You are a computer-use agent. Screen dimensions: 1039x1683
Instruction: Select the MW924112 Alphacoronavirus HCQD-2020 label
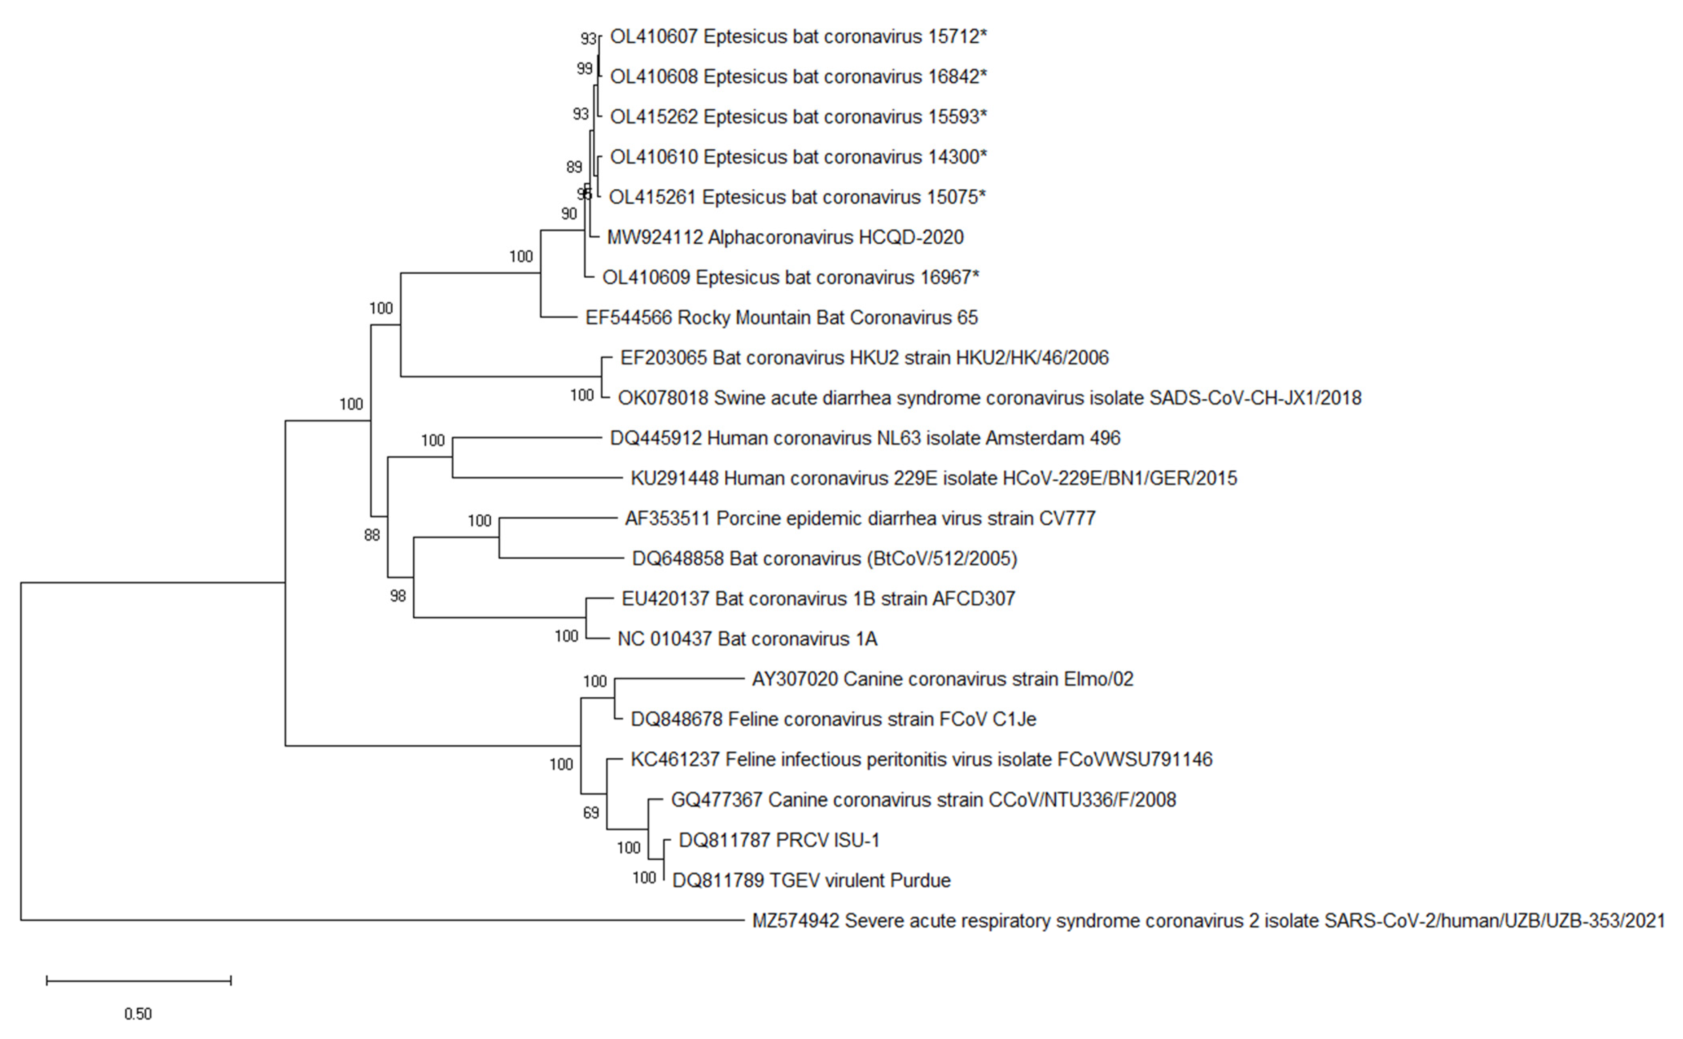click(785, 238)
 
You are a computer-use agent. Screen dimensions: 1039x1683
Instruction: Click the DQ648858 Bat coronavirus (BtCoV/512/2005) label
click(824, 559)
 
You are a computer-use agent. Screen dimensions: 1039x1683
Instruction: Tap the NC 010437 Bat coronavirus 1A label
click(747, 639)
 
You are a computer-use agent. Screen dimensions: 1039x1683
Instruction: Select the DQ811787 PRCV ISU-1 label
click(779, 840)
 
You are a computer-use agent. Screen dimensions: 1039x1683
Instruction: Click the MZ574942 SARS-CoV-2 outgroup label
click(1208, 921)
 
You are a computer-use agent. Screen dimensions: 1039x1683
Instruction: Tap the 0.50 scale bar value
click(138, 1014)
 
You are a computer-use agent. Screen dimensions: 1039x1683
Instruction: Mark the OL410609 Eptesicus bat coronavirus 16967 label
click(790, 278)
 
